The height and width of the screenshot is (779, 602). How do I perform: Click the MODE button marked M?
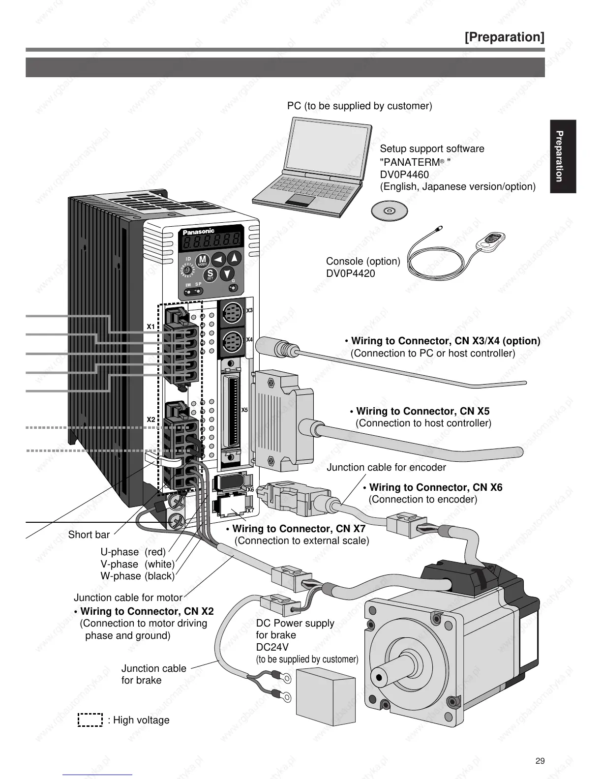coord(203,260)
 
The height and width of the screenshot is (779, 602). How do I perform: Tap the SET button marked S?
coord(210,274)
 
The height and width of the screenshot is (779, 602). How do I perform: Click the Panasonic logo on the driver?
coord(199,232)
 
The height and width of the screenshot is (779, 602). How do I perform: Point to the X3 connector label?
coord(249,310)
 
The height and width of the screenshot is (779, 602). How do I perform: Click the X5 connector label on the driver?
coord(244,410)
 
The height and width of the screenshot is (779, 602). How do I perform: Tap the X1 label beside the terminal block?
coord(150,327)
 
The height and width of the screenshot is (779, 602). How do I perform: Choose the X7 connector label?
coord(250,510)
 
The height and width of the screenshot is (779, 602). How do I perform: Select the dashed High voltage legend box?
coord(90,719)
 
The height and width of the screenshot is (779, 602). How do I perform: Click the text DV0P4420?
coord(350,273)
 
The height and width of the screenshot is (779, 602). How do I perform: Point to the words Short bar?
coord(89,535)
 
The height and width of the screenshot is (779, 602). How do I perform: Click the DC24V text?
coord(272,647)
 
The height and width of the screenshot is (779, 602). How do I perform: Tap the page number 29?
coord(540,761)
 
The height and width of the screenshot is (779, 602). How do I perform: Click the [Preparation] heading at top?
coord(504,37)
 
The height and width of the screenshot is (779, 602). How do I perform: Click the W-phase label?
coord(120,576)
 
